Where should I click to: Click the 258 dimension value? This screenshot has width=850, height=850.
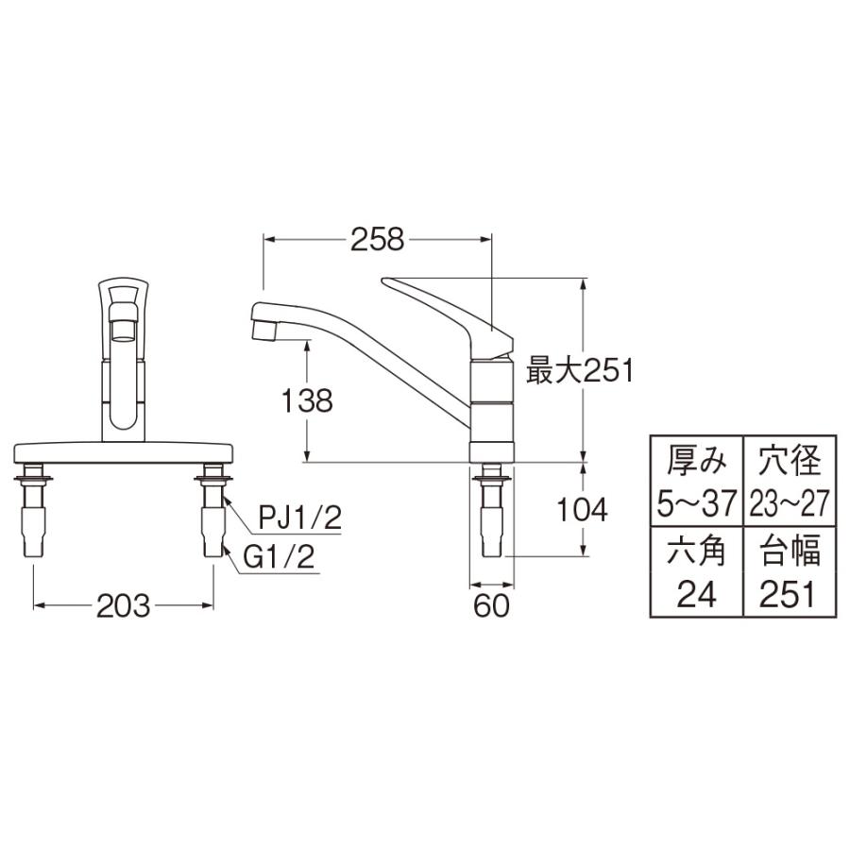click(377, 239)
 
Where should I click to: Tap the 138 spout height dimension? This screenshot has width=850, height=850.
click(307, 401)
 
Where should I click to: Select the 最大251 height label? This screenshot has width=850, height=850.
click(580, 372)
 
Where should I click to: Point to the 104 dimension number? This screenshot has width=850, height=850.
click(582, 510)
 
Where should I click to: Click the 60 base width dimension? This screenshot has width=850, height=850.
click(492, 605)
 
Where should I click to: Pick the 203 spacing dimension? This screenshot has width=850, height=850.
click(123, 605)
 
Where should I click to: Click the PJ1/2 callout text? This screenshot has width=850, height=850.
click(299, 518)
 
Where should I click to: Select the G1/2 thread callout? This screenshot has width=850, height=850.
click(279, 556)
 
